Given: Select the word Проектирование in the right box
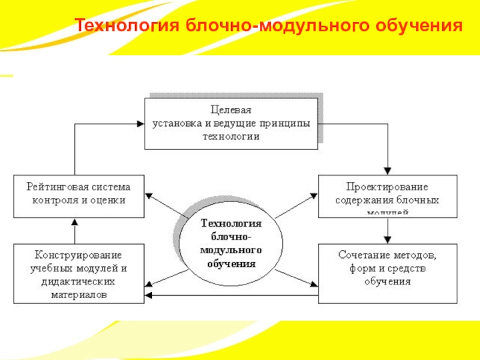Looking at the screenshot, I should [x=386, y=187].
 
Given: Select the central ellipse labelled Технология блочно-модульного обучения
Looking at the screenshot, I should [x=231, y=243].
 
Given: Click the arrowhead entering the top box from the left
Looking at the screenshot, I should [x=140, y=124].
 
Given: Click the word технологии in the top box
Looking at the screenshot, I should [x=230, y=137].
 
